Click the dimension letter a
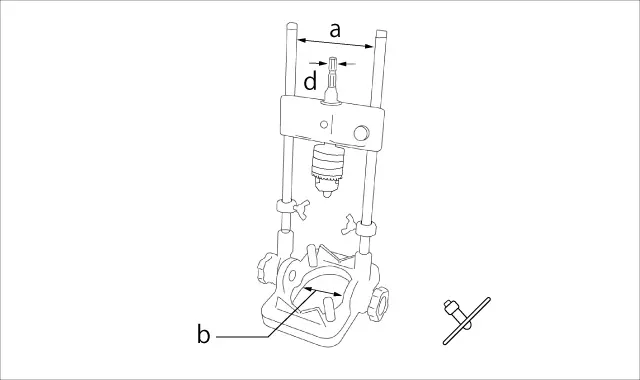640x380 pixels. (335, 31)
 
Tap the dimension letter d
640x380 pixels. (311, 81)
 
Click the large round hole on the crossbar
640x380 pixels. (361, 133)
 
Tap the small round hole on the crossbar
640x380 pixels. (324, 124)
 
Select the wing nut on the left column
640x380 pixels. (301, 209)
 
